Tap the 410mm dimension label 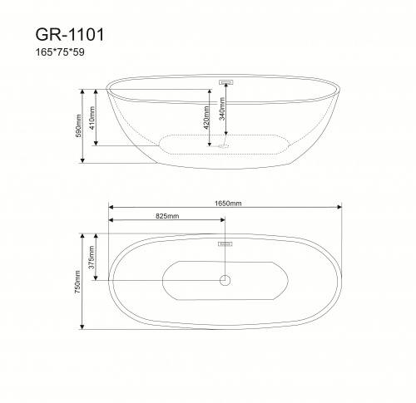[92, 118]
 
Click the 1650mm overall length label [225, 202]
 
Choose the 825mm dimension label [166, 215]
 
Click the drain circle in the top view [225, 281]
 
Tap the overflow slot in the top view [225, 244]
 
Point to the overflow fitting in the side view [225, 82]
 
